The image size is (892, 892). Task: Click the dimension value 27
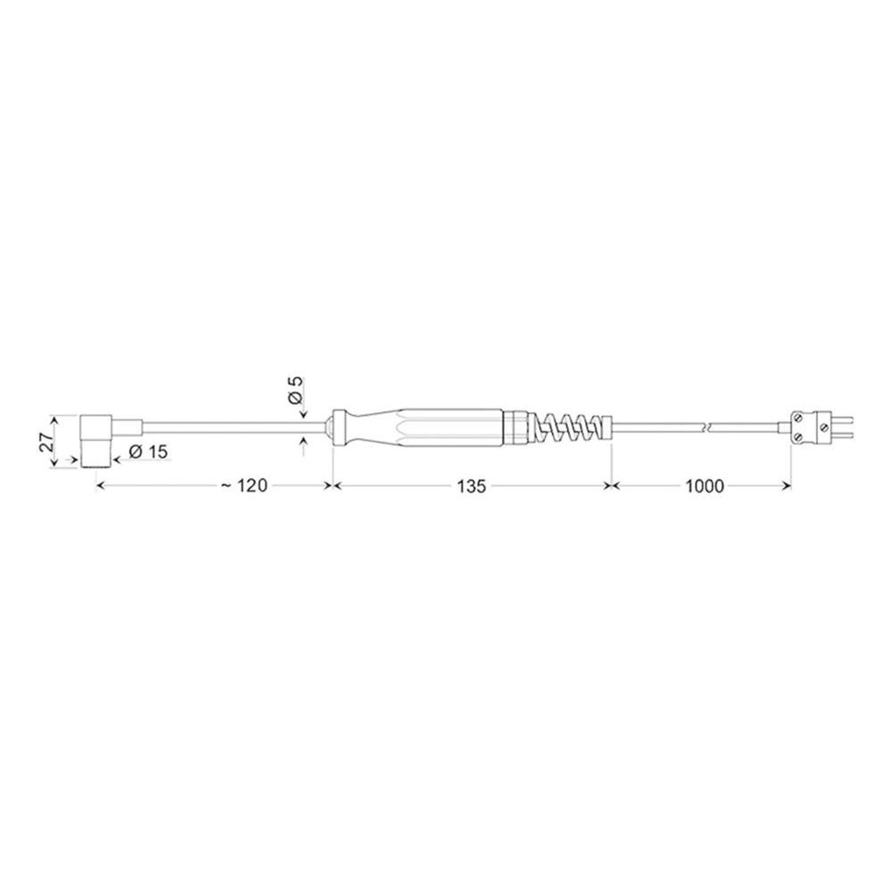point(46,441)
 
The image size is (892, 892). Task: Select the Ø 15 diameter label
point(148,451)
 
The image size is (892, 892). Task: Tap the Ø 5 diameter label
point(296,390)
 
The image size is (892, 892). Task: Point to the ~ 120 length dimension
point(244,485)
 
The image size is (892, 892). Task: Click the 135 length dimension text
point(472,486)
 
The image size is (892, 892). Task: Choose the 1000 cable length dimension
point(705,486)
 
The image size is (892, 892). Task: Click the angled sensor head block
point(95,441)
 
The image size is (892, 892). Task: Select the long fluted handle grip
point(450,426)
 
